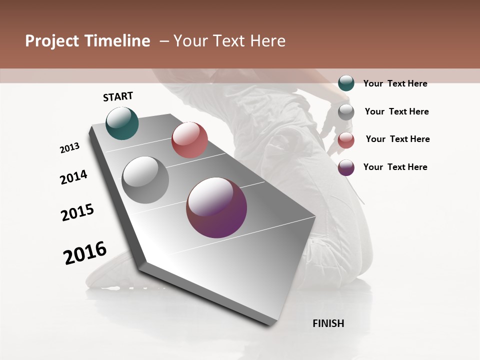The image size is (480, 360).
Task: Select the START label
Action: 118,96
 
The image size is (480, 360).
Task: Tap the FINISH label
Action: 328,323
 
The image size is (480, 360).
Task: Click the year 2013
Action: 70,148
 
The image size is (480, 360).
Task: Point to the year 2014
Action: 73,177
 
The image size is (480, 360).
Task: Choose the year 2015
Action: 77,212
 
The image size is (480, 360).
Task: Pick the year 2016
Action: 85,252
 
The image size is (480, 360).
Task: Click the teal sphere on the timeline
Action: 122,123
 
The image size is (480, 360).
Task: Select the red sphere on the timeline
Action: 189,140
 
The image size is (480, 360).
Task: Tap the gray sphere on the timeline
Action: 145,180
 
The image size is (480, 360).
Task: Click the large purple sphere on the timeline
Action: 216,207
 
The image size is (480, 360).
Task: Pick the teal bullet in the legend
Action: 346,83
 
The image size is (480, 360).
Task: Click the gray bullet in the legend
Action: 346,111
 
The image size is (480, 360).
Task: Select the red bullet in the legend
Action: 346,139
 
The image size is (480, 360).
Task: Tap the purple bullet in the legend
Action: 346,167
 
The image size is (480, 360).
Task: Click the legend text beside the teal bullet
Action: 395,83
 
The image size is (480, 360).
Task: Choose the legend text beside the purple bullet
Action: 395,167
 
